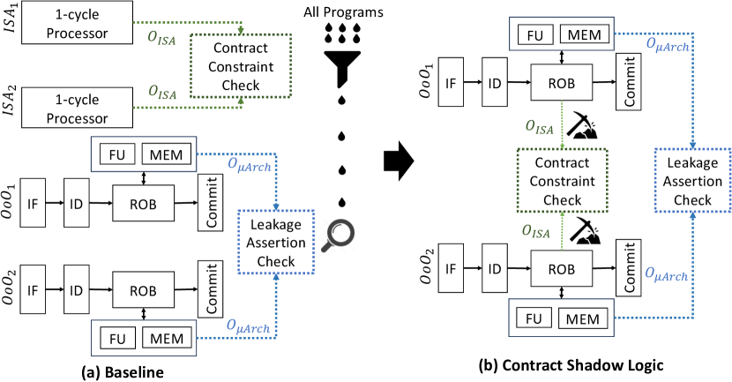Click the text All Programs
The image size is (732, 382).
click(339, 11)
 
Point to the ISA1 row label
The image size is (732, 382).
click(11, 24)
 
